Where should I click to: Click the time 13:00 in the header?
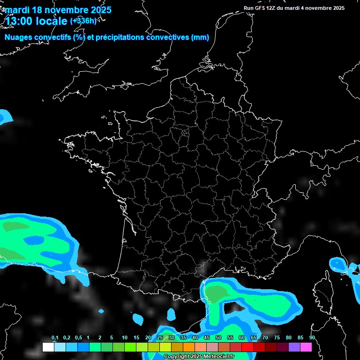19,21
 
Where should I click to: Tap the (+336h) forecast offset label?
83,21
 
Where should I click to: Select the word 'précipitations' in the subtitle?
119,37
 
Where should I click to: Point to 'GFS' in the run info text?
260,8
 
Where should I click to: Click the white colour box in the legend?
48,347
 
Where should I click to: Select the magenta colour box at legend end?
306,347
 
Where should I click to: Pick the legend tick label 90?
312,338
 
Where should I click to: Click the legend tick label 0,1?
55,338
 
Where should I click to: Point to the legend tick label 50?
218,338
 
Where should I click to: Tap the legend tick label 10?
125,338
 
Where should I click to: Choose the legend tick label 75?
277,338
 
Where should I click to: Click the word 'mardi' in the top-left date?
17,10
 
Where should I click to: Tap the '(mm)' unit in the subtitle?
200,37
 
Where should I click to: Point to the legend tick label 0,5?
78,338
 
